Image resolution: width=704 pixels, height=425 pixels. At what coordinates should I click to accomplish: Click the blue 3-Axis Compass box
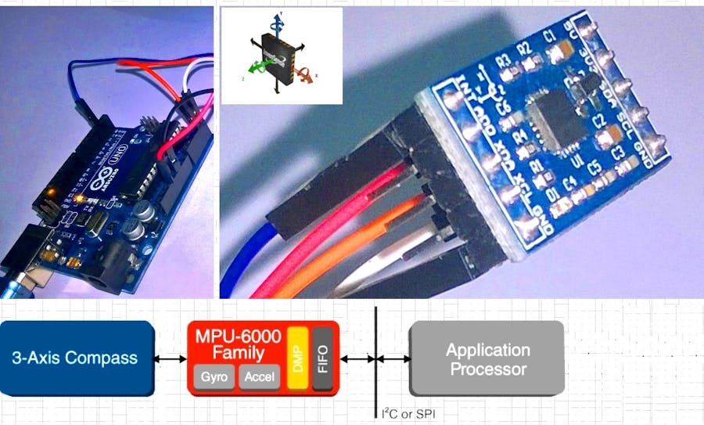click(74, 358)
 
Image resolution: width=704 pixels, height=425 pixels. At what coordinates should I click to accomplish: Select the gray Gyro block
click(214, 377)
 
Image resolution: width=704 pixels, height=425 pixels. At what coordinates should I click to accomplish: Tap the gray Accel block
click(257, 377)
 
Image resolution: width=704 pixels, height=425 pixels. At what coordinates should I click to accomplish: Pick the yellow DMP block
click(296, 358)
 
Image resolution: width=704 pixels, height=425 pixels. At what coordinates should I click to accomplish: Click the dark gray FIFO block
click(322, 358)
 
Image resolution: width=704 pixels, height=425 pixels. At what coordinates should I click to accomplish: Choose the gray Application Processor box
click(487, 358)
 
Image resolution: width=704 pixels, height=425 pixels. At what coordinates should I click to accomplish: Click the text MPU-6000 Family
click(238, 342)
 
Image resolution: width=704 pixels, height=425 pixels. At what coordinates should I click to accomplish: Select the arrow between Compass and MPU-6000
click(170, 358)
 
